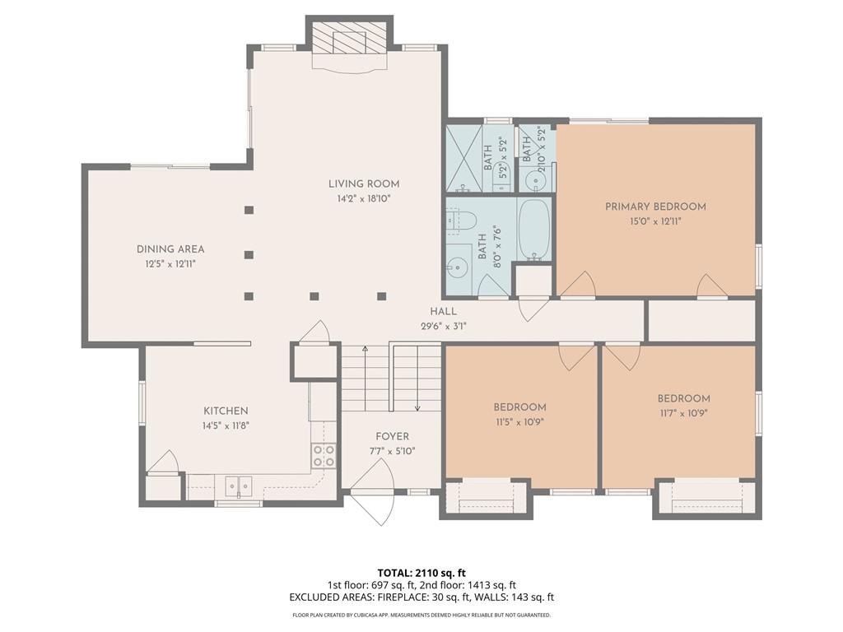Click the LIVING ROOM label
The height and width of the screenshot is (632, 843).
(364, 184)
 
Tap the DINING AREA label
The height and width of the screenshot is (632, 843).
(170, 249)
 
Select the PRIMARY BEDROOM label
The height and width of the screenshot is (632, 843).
(655, 207)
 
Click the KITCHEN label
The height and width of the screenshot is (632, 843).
(226, 411)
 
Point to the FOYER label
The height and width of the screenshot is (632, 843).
(392, 436)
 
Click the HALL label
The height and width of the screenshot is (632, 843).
(444, 311)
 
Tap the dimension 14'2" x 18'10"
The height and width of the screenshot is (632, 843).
(363, 199)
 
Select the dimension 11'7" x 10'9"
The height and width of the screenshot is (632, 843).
(683, 413)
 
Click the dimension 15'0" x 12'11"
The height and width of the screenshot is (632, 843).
(654, 221)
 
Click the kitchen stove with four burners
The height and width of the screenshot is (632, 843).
(324, 456)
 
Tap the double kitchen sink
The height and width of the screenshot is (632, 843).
(238, 486)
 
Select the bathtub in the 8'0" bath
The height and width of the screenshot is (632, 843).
(533, 230)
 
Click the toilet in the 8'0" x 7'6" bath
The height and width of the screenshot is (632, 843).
(461, 221)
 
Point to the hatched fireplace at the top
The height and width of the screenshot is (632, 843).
(349, 38)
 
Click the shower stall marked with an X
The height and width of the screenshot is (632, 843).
(463, 158)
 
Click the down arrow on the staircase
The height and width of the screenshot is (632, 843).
(417, 379)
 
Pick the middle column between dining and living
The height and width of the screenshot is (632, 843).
(249, 255)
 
